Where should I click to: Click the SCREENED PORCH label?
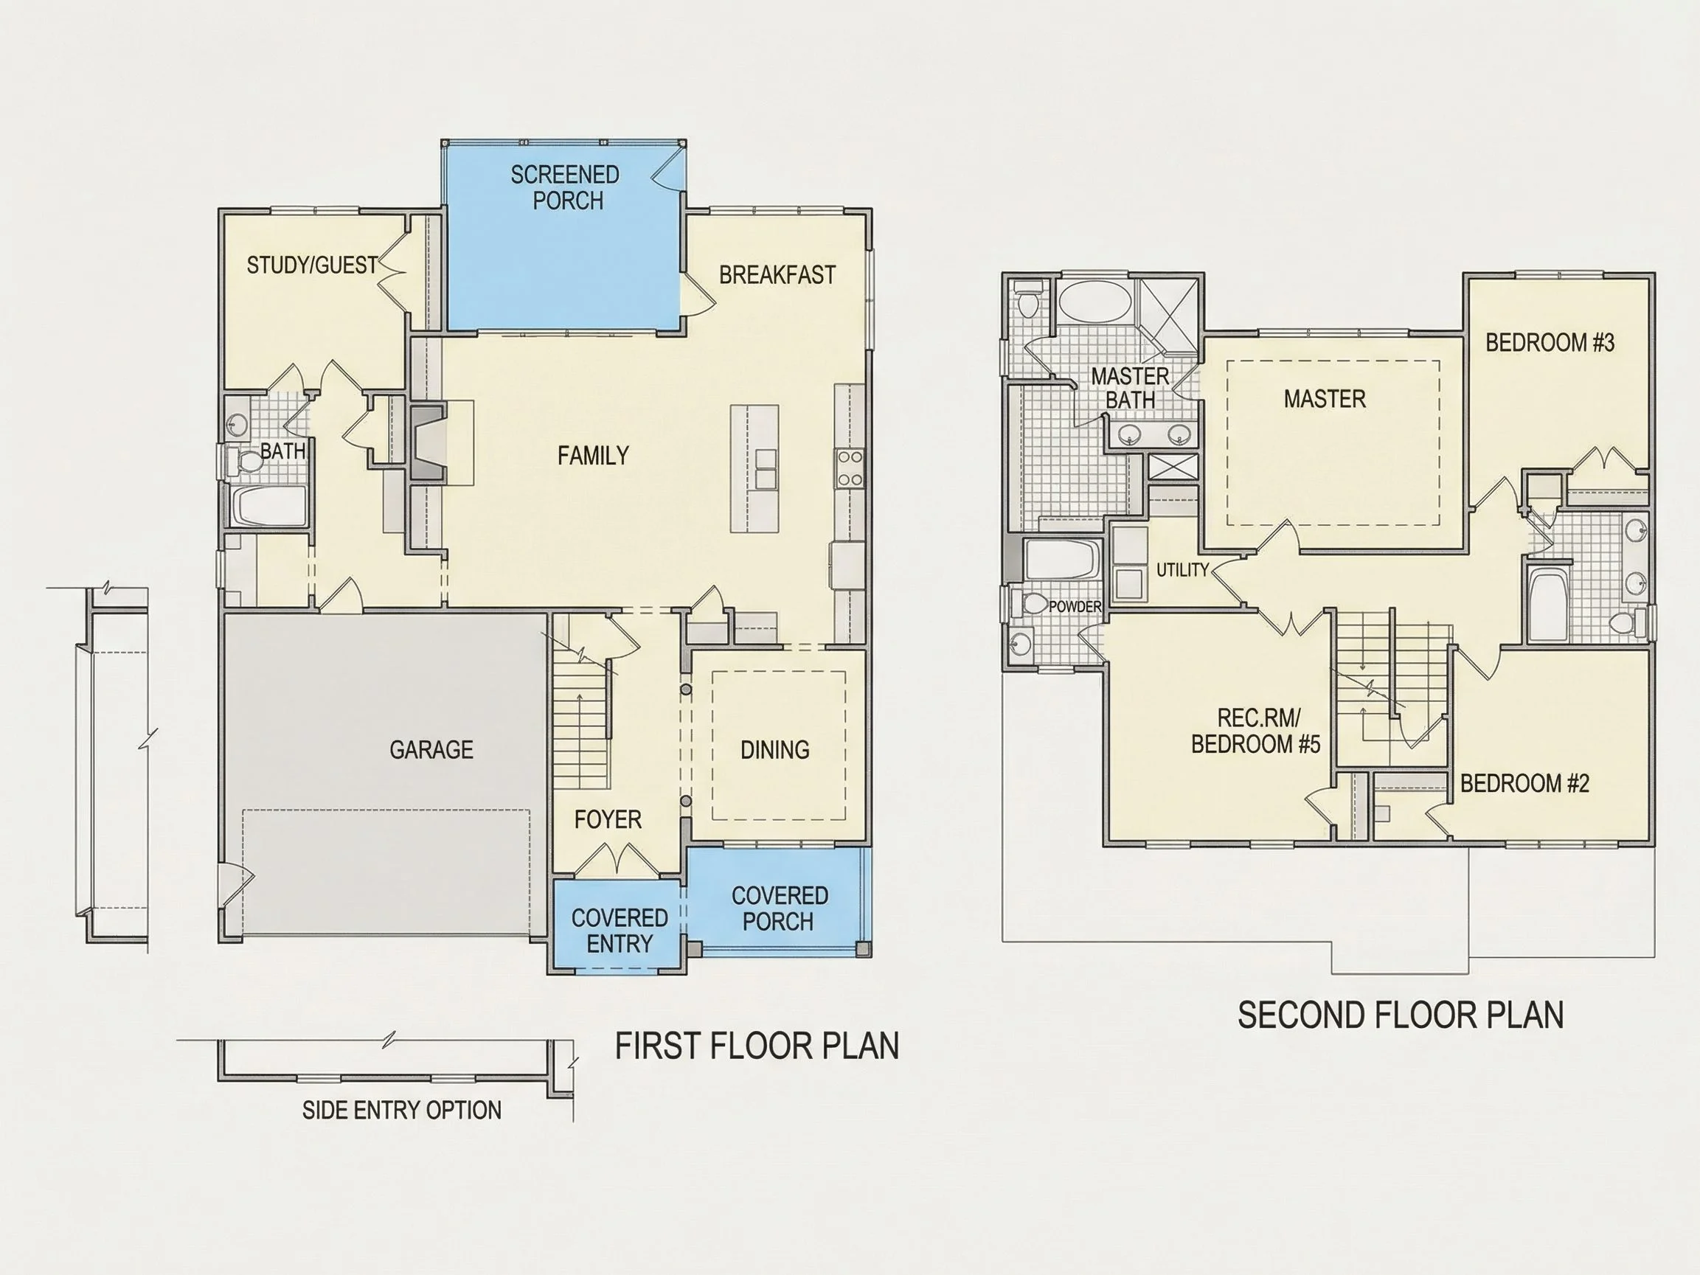point(566,187)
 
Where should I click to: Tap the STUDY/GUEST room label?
point(312,265)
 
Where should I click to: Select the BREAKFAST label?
point(777,275)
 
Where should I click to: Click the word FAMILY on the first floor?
point(593,456)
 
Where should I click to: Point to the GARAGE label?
point(431,749)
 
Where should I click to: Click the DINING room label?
point(774,749)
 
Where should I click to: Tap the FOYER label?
point(608,819)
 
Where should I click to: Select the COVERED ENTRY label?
point(620,931)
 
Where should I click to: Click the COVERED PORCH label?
point(780,909)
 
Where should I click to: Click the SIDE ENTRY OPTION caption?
point(402,1110)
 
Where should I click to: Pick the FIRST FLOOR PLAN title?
point(757,1046)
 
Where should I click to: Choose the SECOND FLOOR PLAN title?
point(1401,1015)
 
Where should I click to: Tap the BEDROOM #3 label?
point(1550,342)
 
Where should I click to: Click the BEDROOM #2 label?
point(1524,783)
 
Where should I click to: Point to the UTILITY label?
point(1183,569)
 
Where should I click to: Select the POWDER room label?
point(1075,606)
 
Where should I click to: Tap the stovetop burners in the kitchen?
point(850,468)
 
